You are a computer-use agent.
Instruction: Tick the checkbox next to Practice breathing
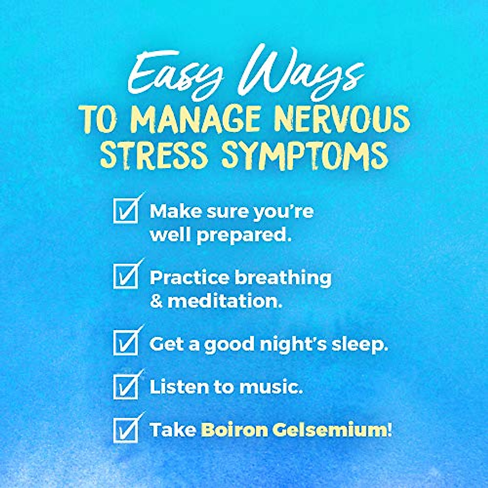(x=125, y=277)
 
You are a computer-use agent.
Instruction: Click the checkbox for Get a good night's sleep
(x=125, y=343)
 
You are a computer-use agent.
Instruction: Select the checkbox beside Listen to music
(x=125, y=387)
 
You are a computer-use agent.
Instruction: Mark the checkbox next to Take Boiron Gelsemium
(x=125, y=430)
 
